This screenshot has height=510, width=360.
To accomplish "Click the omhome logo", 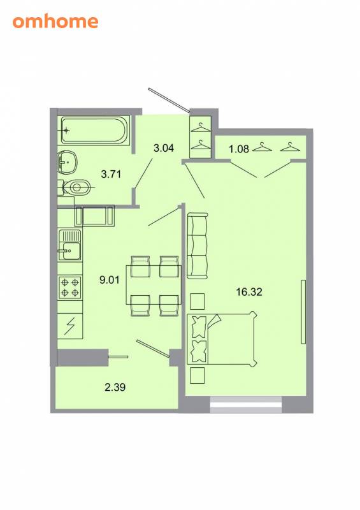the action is [x=55, y=22].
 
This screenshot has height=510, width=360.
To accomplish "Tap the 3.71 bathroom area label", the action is [x=111, y=174].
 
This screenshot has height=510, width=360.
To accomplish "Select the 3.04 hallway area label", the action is [x=164, y=149].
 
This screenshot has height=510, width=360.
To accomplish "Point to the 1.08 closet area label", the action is [x=239, y=149].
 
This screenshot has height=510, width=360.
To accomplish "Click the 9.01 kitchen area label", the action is [x=110, y=280].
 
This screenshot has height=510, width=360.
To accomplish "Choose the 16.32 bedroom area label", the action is [x=249, y=292].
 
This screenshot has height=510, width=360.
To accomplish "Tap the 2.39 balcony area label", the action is [x=115, y=387].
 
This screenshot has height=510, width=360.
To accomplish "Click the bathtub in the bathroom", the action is [x=94, y=130].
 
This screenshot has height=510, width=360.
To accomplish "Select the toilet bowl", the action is [x=75, y=187].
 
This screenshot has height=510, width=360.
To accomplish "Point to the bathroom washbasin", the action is [x=68, y=162].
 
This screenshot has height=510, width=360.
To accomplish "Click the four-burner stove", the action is [x=70, y=288].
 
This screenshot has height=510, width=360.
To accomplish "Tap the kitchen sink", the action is [x=69, y=245].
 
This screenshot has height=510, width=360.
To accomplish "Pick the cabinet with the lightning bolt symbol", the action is [x=70, y=326].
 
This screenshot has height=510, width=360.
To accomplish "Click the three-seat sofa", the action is [x=198, y=245].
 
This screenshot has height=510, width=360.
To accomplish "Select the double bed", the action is [x=222, y=339].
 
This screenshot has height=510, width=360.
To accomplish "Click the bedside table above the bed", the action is [x=197, y=302].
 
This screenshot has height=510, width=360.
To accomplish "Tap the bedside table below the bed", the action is [x=197, y=375].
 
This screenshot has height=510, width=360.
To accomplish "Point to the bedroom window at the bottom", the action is [x=246, y=405].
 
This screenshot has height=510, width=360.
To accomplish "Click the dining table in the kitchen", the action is [x=154, y=285].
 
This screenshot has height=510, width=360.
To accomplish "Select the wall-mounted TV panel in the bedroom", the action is [x=303, y=312].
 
